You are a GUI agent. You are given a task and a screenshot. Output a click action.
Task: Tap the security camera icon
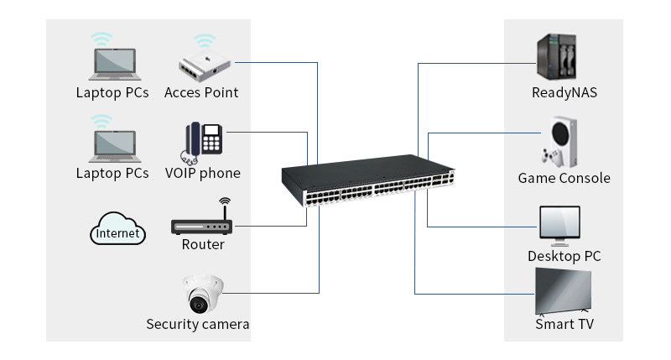(203, 294)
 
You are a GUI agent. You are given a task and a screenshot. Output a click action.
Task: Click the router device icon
(201, 224)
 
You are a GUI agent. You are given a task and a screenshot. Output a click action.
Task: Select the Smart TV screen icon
(564, 292)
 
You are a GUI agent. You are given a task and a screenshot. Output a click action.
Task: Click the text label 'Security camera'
(198, 324)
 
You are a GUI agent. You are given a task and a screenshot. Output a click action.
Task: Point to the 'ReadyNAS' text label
(564, 92)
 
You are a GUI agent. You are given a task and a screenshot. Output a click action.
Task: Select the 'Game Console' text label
(564, 178)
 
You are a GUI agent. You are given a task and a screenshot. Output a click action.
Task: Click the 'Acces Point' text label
(201, 92)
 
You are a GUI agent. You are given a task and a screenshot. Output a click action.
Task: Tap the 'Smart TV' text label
(564, 324)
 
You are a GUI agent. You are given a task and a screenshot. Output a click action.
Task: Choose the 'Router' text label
(203, 244)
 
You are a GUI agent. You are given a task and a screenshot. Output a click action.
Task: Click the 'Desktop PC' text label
(564, 256)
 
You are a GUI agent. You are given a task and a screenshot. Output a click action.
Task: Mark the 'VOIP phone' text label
(202, 173)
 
